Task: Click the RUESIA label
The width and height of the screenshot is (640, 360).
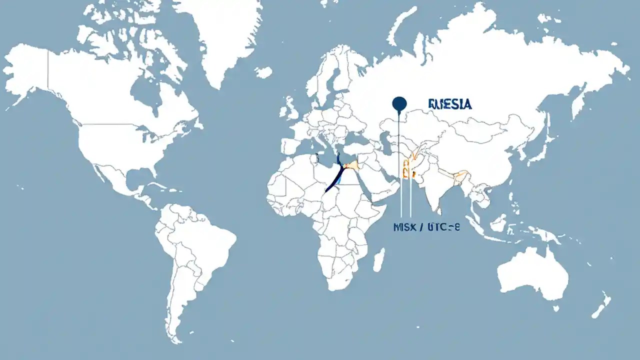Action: click(450, 104)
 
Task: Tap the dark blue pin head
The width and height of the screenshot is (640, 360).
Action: click(399, 103)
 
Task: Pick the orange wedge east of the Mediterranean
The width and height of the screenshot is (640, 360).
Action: click(352, 165)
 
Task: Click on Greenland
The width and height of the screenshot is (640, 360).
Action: click(220, 35)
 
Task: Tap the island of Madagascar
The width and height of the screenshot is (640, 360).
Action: click(379, 260)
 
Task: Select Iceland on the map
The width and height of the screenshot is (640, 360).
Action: click(263, 72)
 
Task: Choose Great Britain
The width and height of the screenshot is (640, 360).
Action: click(290, 107)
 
